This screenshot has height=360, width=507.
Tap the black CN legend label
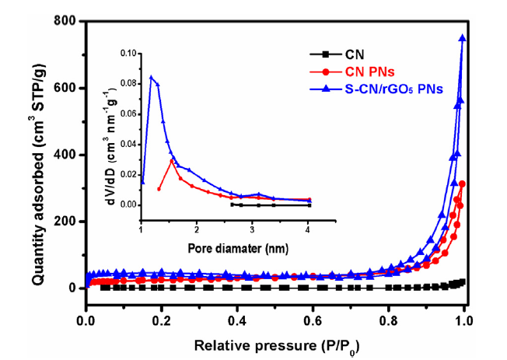[x=353, y=55]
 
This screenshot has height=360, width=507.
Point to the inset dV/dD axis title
[x=117, y=129]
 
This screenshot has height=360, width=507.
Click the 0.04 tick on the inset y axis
[x=129, y=144]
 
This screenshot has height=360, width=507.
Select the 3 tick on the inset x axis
[x=253, y=231]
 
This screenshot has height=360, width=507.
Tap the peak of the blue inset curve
[x=151, y=76]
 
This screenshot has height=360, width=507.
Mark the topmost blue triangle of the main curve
[x=463, y=37]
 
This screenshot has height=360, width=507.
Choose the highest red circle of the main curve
[x=463, y=183]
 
